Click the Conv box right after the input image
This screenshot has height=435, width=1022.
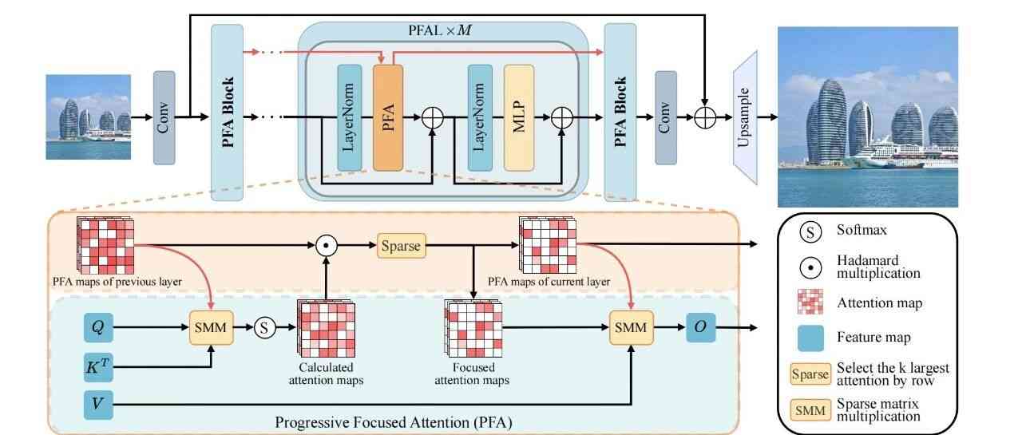pyautogui.click(x=164, y=117)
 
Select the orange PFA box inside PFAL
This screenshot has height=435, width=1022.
pyautogui.click(x=387, y=117)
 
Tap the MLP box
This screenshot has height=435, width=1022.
pyautogui.click(x=518, y=117)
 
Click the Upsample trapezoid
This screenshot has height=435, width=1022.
pyautogui.click(x=743, y=117)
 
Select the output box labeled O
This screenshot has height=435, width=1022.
pyautogui.click(x=699, y=327)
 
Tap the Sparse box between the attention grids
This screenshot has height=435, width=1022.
pyautogui.click(x=402, y=246)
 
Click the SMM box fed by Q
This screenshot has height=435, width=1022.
pyautogui.click(x=212, y=327)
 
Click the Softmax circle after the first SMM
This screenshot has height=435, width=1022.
pyautogui.click(x=265, y=327)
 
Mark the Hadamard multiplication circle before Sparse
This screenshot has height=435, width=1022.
pyautogui.click(x=326, y=246)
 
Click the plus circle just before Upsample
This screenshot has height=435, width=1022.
pyautogui.click(x=705, y=117)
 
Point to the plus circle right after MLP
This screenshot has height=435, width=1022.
pyautogui.click(x=562, y=117)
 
